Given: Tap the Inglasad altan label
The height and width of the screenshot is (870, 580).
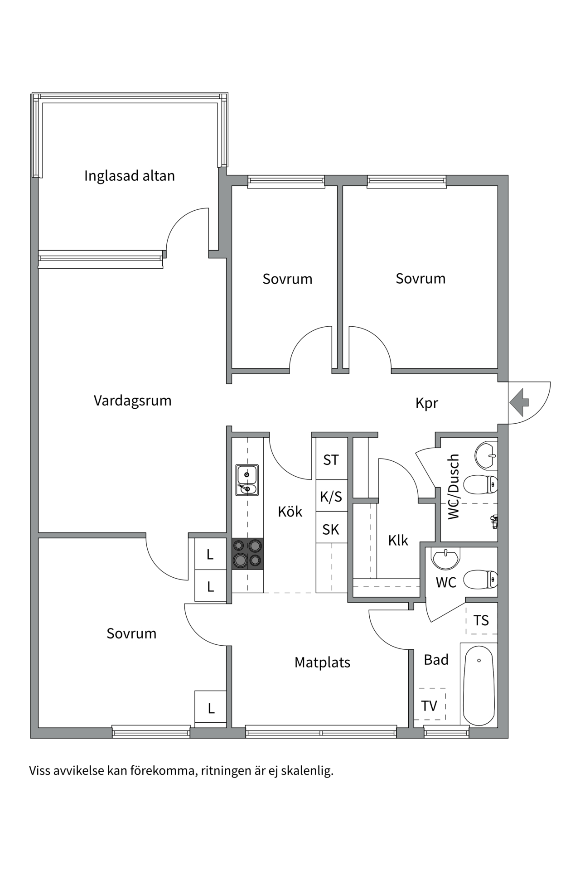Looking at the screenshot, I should click(x=129, y=176).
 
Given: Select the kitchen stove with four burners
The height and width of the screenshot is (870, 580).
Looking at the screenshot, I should click(x=247, y=554).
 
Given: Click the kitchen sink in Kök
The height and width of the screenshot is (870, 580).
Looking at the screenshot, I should click(x=247, y=480).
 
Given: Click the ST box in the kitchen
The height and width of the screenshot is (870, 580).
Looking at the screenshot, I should click(x=331, y=460).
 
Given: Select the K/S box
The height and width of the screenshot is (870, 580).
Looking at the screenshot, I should click(x=331, y=497).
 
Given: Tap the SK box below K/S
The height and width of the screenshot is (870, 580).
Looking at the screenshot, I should click(x=331, y=529).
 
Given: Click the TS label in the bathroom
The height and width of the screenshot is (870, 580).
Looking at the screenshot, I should click(x=481, y=620).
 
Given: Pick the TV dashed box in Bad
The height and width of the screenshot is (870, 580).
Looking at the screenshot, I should click(x=430, y=706).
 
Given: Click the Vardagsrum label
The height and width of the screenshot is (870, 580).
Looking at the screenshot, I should click(x=132, y=401).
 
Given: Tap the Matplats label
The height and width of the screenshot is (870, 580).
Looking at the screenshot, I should click(x=322, y=662).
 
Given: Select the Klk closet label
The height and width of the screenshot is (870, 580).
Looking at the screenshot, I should click(x=398, y=540).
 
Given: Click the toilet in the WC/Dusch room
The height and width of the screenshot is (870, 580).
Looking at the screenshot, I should click(x=482, y=484).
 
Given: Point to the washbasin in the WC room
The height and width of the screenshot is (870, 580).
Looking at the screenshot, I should click(x=445, y=558).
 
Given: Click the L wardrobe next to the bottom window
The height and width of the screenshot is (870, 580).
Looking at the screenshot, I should click(x=211, y=709).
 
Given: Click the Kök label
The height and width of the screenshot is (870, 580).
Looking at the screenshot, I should click(x=290, y=512).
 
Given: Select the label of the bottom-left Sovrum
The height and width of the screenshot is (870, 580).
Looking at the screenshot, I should click(x=131, y=633).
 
